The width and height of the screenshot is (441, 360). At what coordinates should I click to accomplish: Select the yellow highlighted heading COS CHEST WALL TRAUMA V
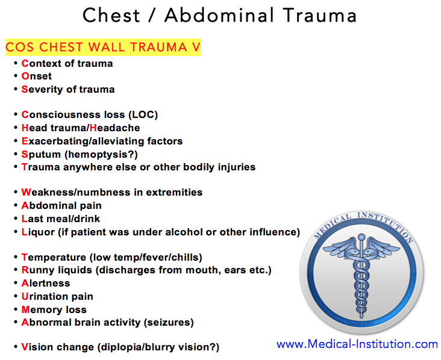tap(102, 48)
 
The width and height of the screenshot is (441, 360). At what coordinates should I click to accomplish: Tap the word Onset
tap(37, 76)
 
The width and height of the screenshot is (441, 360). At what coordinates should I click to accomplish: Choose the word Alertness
tap(46, 284)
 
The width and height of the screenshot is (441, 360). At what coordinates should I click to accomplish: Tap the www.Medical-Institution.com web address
tap(357, 344)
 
